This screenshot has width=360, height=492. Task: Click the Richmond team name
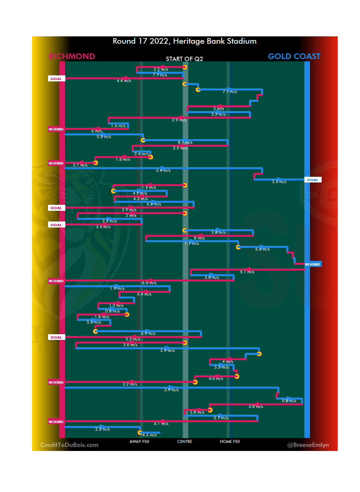[72, 56]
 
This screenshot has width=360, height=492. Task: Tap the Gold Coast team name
[294, 56]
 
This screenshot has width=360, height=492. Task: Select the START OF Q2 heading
[184, 59]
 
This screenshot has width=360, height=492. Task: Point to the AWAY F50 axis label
[139, 442]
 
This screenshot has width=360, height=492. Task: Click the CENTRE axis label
[185, 442]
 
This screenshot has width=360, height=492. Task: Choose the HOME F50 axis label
[230, 442]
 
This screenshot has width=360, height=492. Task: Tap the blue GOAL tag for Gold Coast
[313, 180]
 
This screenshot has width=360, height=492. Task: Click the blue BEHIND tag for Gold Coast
[313, 264]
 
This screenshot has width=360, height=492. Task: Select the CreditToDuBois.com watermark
[69, 445]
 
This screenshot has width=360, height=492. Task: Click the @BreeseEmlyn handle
[308, 445]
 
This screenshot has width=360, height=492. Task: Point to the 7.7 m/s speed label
[160, 75]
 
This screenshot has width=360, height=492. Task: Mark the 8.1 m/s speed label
[185, 142]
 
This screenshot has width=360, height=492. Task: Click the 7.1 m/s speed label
[230, 92]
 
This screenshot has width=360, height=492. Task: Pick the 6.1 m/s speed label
[161, 424]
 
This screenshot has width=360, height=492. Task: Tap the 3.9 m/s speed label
[171, 390]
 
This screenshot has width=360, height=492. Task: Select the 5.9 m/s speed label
[148, 334]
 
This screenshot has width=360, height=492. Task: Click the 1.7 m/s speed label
[192, 243]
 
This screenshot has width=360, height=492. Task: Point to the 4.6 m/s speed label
[216, 379]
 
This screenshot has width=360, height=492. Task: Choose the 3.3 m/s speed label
[279, 182]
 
